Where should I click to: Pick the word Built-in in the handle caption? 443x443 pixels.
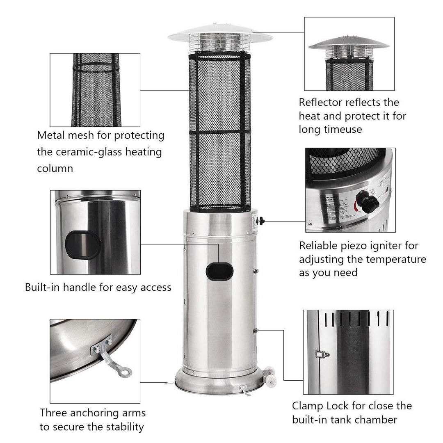click(x=42, y=287)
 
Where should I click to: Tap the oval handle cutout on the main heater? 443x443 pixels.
click(x=219, y=272)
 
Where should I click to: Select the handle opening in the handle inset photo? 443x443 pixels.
click(x=83, y=245)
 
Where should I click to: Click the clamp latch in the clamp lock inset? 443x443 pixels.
click(x=322, y=354)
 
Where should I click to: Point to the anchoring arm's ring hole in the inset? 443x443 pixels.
click(x=125, y=372)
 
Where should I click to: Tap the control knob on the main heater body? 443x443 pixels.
click(x=261, y=221)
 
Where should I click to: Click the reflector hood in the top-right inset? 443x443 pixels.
click(x=349, y=43)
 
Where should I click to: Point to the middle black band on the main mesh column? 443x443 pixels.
click(x=220, y=132)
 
